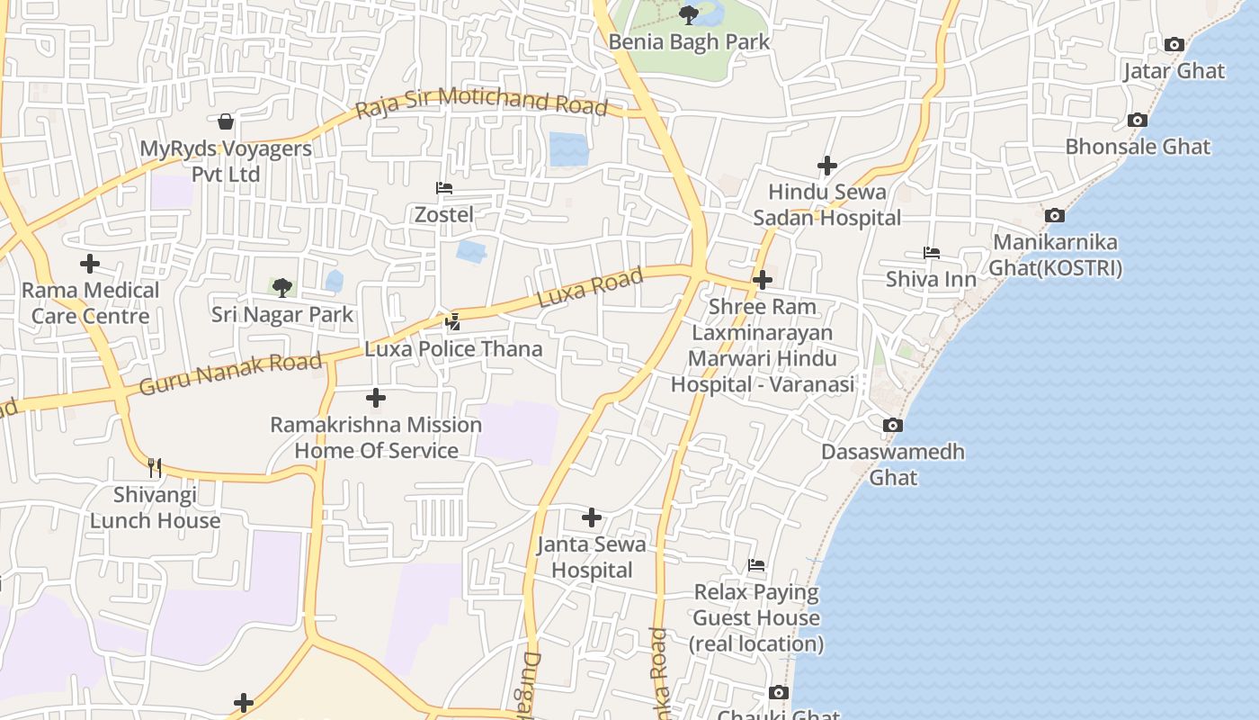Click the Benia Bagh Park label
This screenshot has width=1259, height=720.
click(689, 41)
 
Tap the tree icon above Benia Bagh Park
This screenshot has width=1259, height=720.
click(689, 14)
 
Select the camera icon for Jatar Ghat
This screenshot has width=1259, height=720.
click(1174, 44)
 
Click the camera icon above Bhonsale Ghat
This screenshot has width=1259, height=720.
click(1137, 121)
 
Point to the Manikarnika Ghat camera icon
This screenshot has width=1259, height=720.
click(1055, 215)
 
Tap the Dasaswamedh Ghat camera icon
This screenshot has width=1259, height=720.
click(892, 425)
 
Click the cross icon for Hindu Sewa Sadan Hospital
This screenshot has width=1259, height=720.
click(826, 166)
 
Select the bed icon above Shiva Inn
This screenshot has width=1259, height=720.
click(931, 253)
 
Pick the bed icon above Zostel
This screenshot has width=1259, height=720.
click(443, 188)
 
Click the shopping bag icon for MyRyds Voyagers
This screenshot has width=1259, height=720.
click(226, 121)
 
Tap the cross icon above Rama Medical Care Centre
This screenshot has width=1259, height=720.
click(90, 264)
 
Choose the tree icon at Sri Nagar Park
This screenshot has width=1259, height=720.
click(282, 288)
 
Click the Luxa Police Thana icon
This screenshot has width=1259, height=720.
click(452, 321)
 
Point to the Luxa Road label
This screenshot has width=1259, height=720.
click(590, 287)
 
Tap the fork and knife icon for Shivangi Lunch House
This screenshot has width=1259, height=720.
click(155, 467)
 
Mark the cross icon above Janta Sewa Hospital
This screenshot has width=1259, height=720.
click(591, 517)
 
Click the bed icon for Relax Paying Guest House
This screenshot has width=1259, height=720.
click(756, 565)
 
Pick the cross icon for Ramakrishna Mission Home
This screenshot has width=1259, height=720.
click(376, 398)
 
